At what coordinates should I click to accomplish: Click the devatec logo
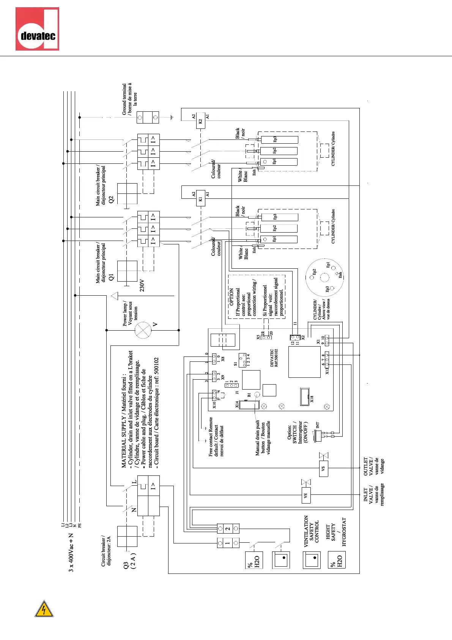point(37,29)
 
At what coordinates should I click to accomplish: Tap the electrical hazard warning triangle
point(44,609)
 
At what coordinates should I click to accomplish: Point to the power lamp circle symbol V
point(143,330)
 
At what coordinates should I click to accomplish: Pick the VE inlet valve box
point(306,495)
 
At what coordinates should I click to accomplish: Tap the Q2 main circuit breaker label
point(111,199)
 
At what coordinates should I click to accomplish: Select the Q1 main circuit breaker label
point(111,277)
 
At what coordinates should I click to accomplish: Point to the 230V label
point(142,285)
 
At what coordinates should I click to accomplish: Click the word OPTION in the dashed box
point(232,297)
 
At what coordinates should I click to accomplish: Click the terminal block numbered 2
point(228,528)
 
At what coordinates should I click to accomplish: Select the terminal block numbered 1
point(228,543)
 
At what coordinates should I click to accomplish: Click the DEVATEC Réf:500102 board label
point(274,358)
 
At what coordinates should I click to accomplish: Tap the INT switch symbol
point(318,435)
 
